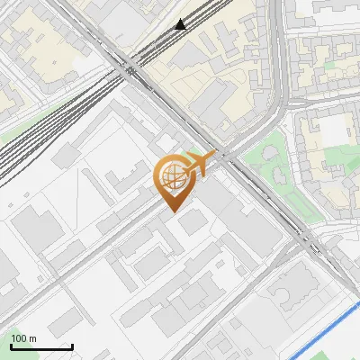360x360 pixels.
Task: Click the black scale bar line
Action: point(40,347)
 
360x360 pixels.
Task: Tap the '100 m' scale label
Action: point(24,338)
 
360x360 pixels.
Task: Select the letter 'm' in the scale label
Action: point(34,338)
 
